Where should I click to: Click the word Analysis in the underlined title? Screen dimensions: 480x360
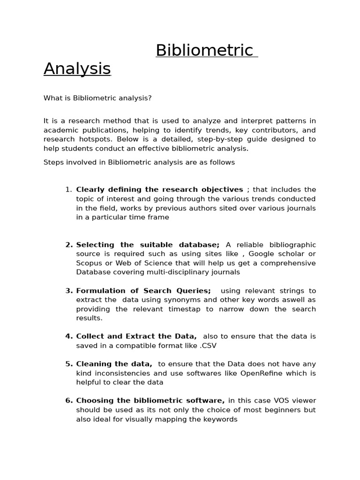point(77,68)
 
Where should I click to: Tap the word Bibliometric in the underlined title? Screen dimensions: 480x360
point(204,50)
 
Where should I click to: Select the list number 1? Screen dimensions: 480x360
point(68,189)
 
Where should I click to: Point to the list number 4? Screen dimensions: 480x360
point(69,336)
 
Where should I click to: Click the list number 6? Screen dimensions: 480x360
point(69,400)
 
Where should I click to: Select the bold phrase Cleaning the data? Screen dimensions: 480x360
point(114,364)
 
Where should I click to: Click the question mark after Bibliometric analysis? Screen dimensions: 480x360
point(150,98)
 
